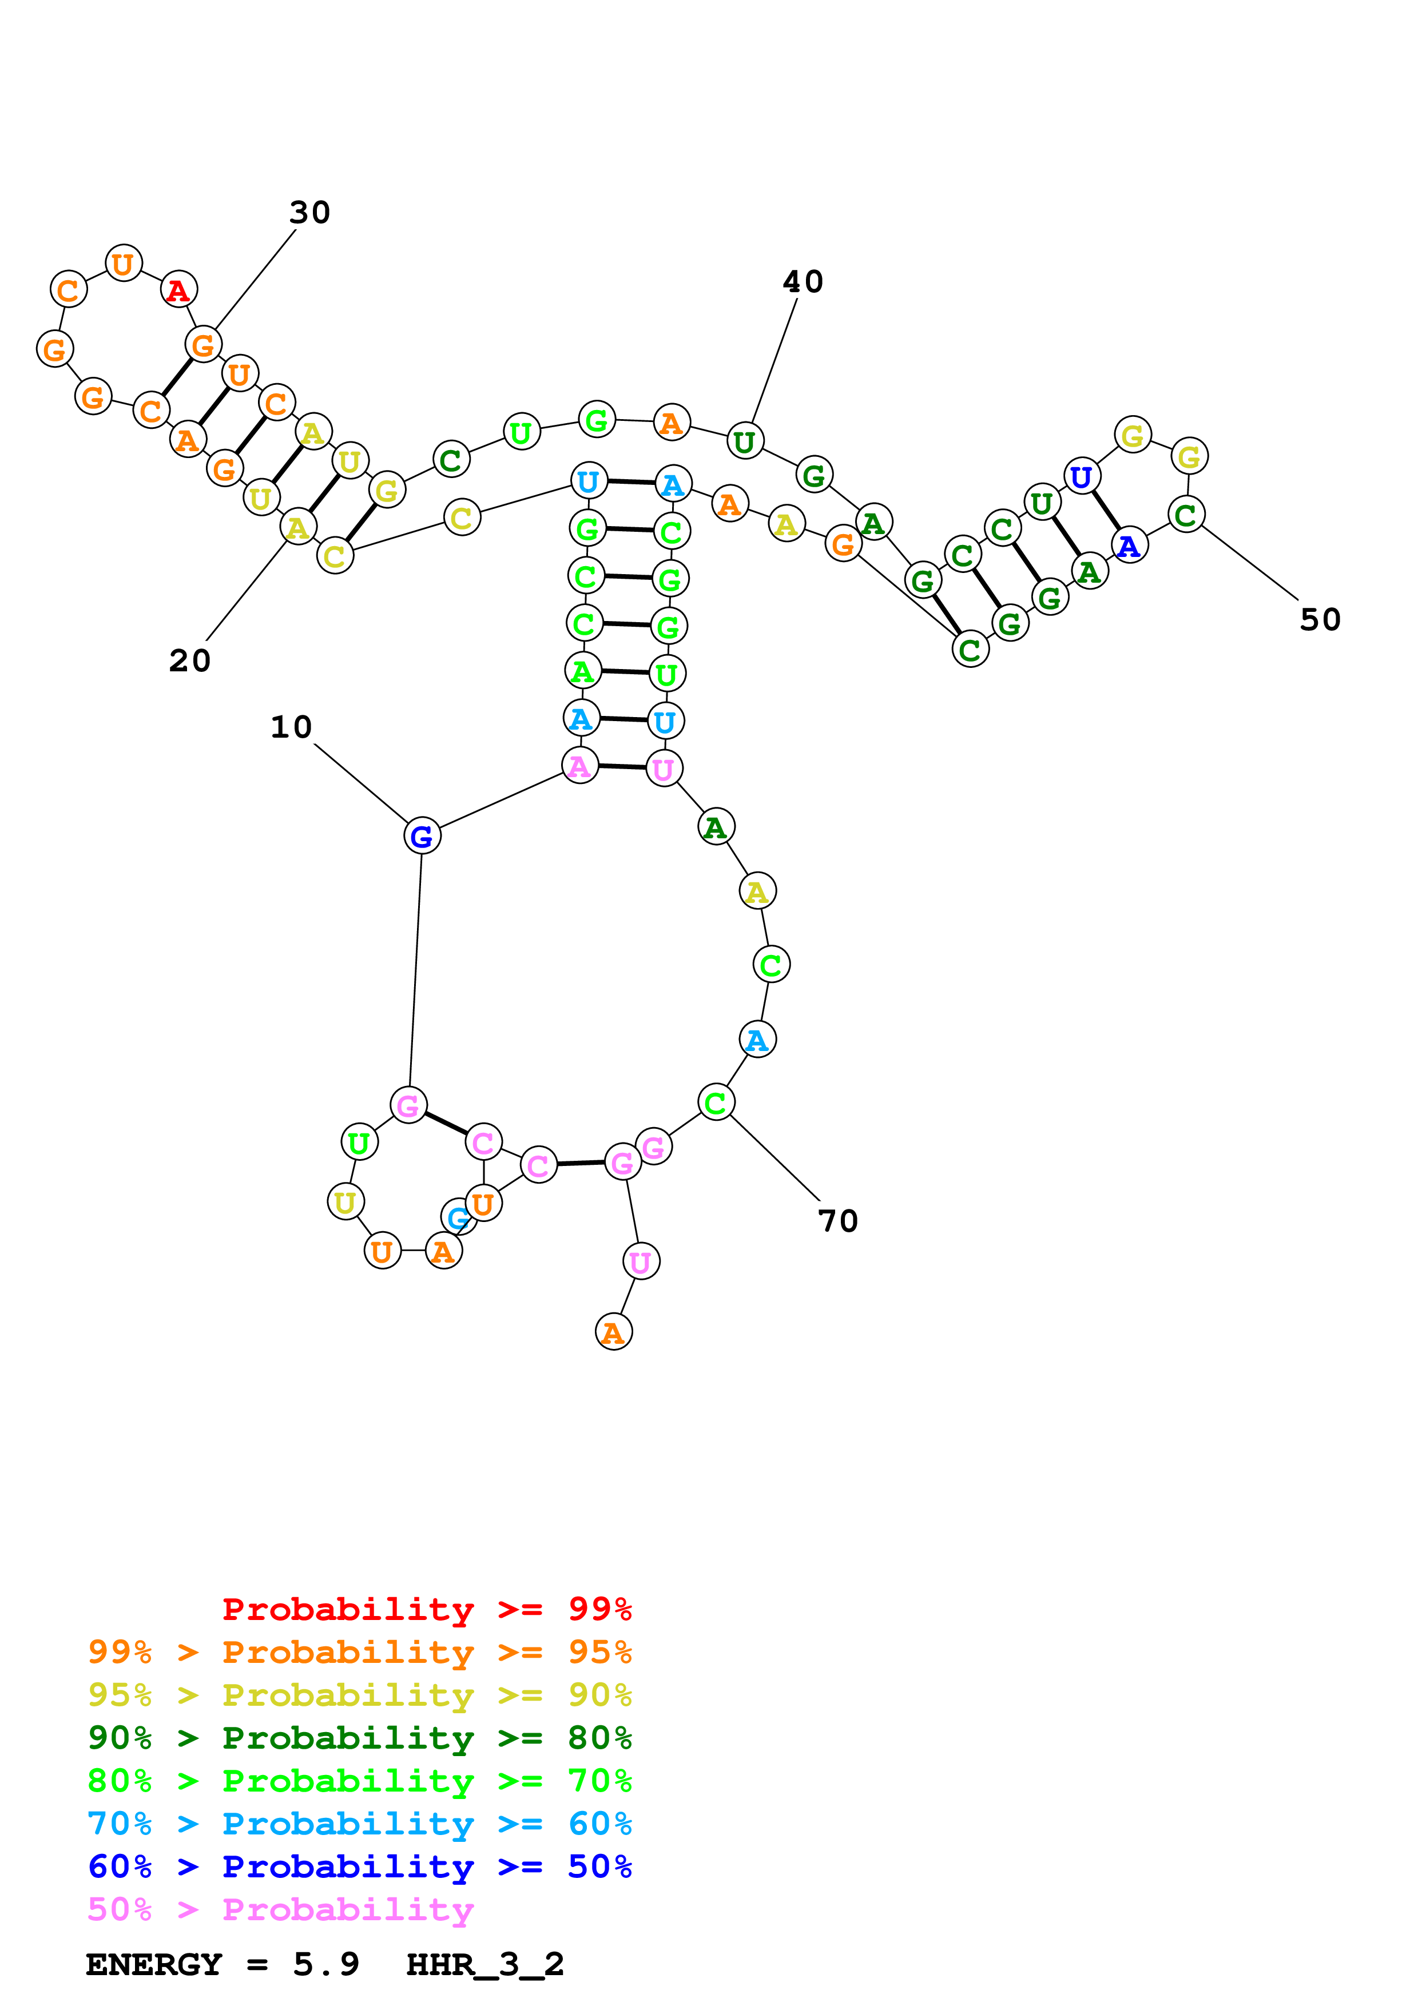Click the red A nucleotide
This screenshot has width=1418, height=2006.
179,289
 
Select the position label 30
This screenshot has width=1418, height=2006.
309,212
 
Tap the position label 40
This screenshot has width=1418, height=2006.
802,281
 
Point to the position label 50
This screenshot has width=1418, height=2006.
1319,619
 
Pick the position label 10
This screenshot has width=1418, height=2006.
291,727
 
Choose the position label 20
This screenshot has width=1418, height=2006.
189,660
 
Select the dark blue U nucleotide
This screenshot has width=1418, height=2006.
1082,477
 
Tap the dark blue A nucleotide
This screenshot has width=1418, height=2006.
1130,546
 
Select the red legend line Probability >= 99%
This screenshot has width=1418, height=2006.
426,1609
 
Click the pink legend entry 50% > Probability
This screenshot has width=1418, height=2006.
280,1909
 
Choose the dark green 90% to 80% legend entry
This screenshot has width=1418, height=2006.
359,1738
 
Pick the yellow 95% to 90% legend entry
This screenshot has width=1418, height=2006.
359,1695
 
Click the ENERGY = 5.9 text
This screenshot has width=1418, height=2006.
222,1964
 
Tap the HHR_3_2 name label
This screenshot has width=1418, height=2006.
485,1964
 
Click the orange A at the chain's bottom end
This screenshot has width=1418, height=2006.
613,1332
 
